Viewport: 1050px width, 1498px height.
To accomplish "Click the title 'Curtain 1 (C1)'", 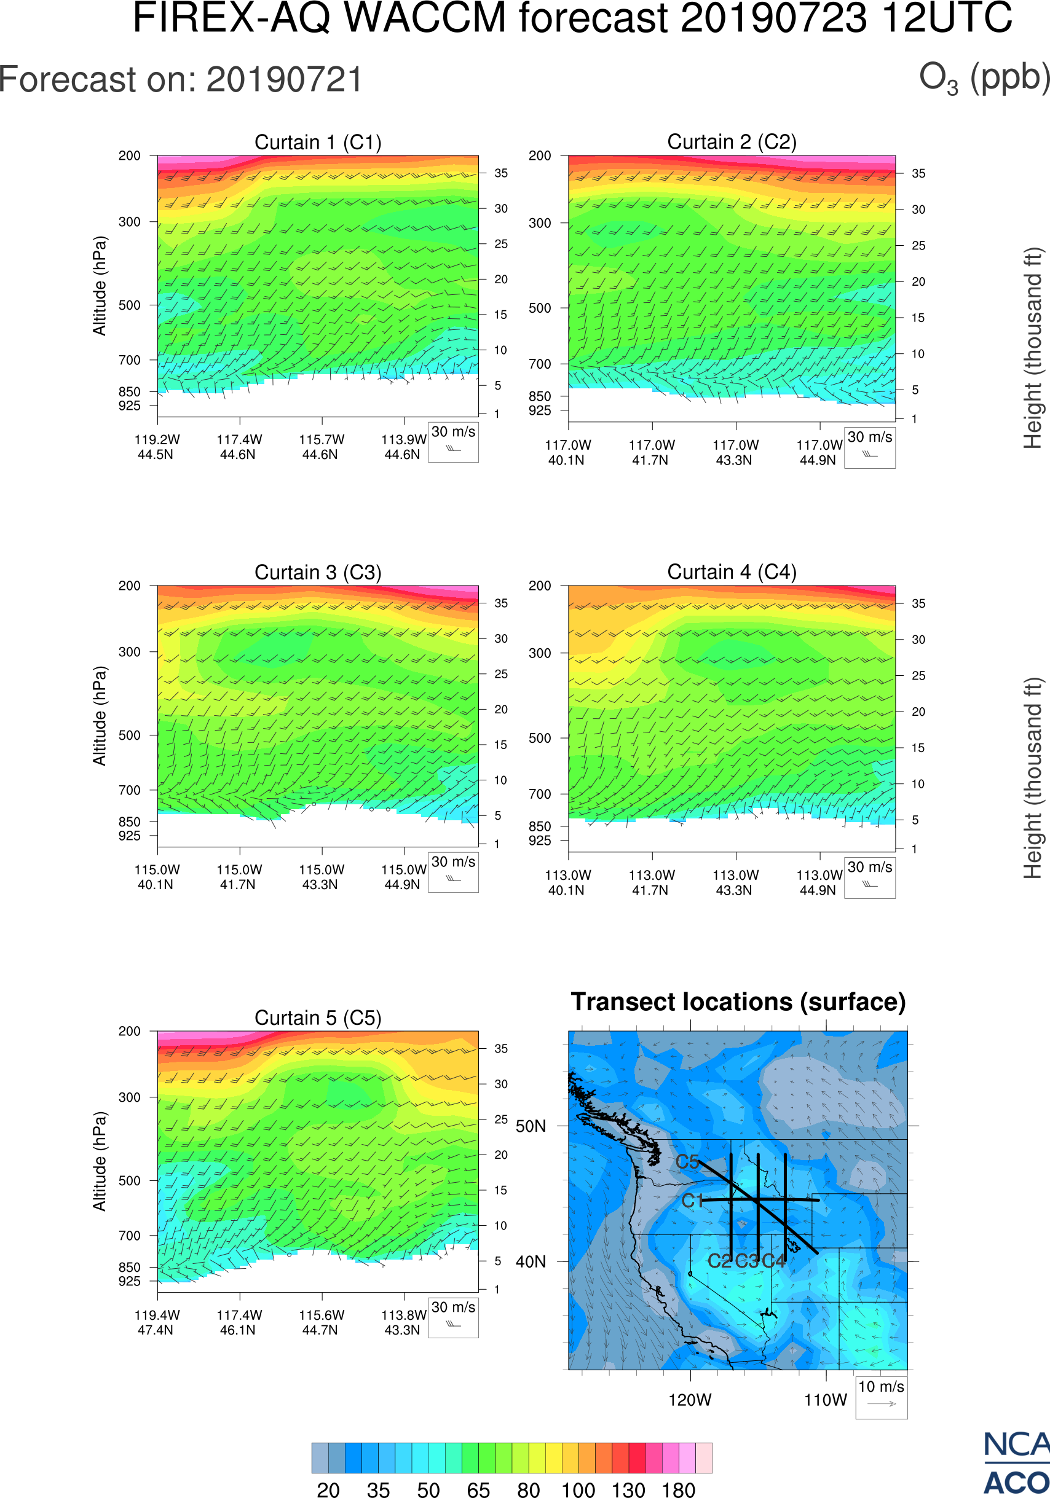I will [x=318, y=142].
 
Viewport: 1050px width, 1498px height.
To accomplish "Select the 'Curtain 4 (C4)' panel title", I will [x=732, y=572].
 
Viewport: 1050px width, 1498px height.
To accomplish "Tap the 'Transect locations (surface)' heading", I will [x=738, y=1002].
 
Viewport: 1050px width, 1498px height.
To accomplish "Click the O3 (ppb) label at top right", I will [x=984, y=78].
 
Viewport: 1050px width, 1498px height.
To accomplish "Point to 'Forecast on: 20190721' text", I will [x=181, y=80].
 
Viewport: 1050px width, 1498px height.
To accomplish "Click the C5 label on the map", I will [x=687, y=1162].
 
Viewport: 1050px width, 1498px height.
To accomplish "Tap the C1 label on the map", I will [x=692, y=1201].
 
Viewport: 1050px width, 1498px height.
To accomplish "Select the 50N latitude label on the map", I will [x=531, y=1127].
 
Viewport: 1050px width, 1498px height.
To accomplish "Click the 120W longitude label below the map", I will [x=690, y=1400].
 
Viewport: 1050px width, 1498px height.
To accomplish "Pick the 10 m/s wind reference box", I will [x=881, y=1396].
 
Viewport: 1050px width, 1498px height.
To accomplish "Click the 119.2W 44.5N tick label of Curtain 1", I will [x=157, y=447].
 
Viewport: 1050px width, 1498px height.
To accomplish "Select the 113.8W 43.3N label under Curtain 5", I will [x=403, y=1322].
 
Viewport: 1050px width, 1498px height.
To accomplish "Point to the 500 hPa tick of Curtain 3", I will [x=129, y=735].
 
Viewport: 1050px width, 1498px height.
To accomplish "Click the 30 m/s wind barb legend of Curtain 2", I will [x=869, y=447].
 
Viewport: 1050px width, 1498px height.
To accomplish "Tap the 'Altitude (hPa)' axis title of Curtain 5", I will [x=99, y=1161].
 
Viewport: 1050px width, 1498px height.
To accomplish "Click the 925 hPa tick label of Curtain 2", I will [x=540, y=410].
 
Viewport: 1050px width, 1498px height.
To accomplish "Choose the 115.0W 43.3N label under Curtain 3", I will [x=321, y=877].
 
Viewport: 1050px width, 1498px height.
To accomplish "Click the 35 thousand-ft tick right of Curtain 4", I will [x=918, y=603].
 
